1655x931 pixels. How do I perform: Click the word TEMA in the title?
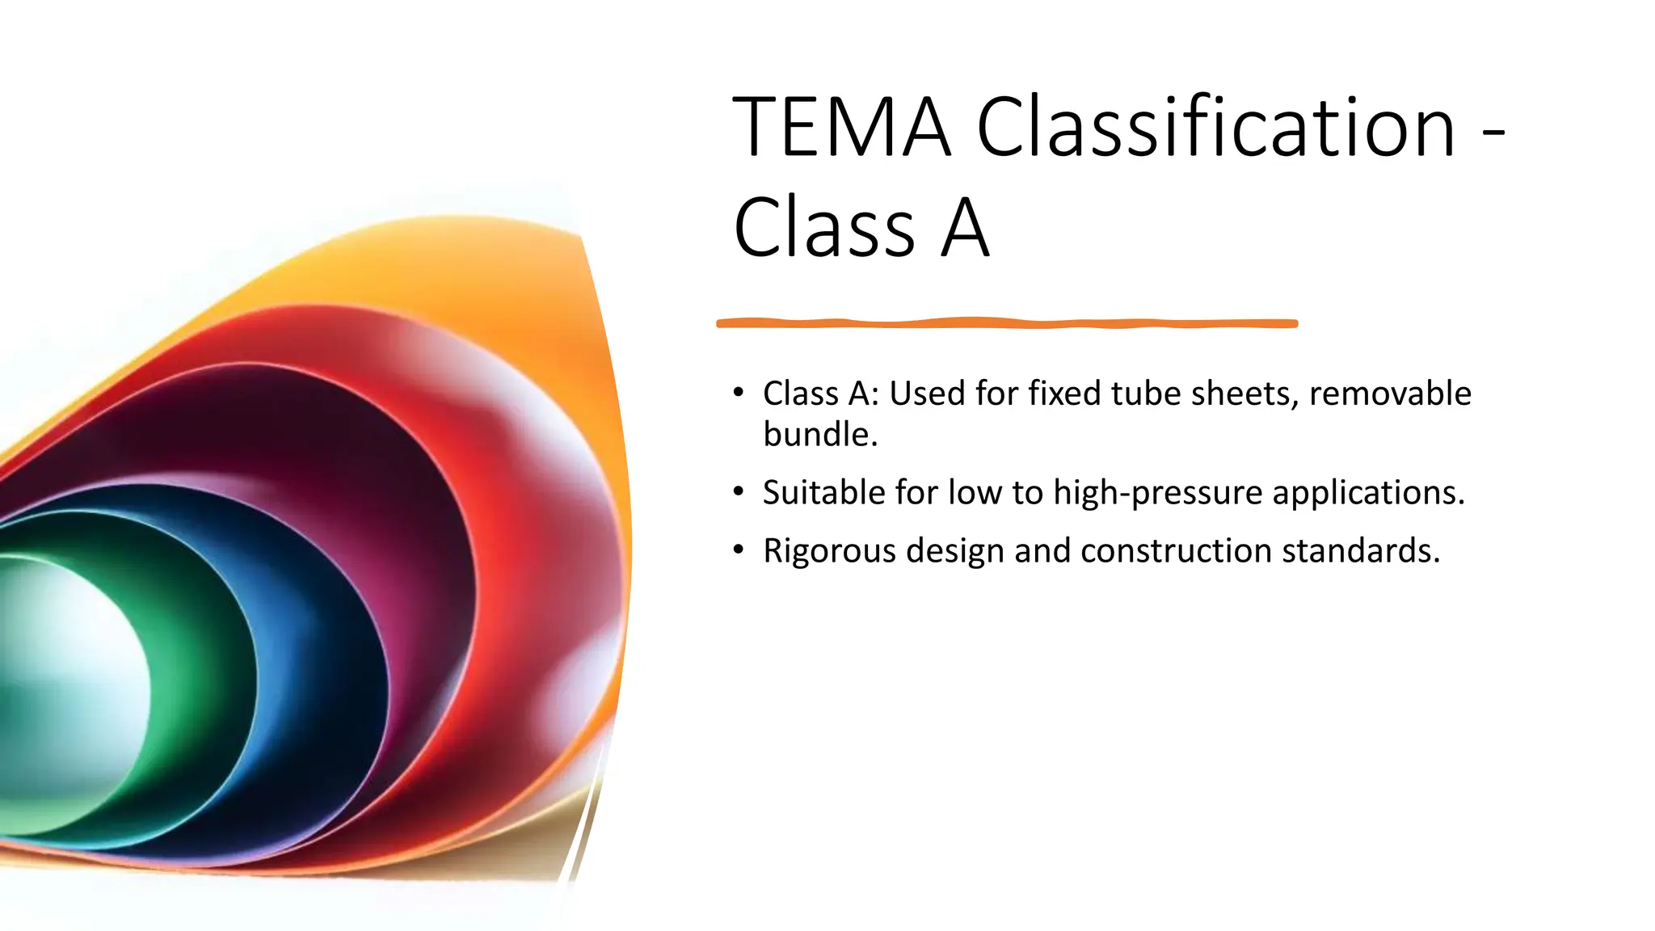(x=840, y=127)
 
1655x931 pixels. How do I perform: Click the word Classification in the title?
(x=1215, y=127)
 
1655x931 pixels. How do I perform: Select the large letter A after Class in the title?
(x=966, y=229)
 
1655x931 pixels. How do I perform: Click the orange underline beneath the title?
(x=1006, y=323)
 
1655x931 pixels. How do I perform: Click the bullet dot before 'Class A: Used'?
(x=738, y=393)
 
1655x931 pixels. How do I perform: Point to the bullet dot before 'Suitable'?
(x=738, y=491)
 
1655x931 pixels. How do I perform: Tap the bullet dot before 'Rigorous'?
(x=738, y=550)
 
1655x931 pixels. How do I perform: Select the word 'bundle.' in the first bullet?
(x=819, y=435)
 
